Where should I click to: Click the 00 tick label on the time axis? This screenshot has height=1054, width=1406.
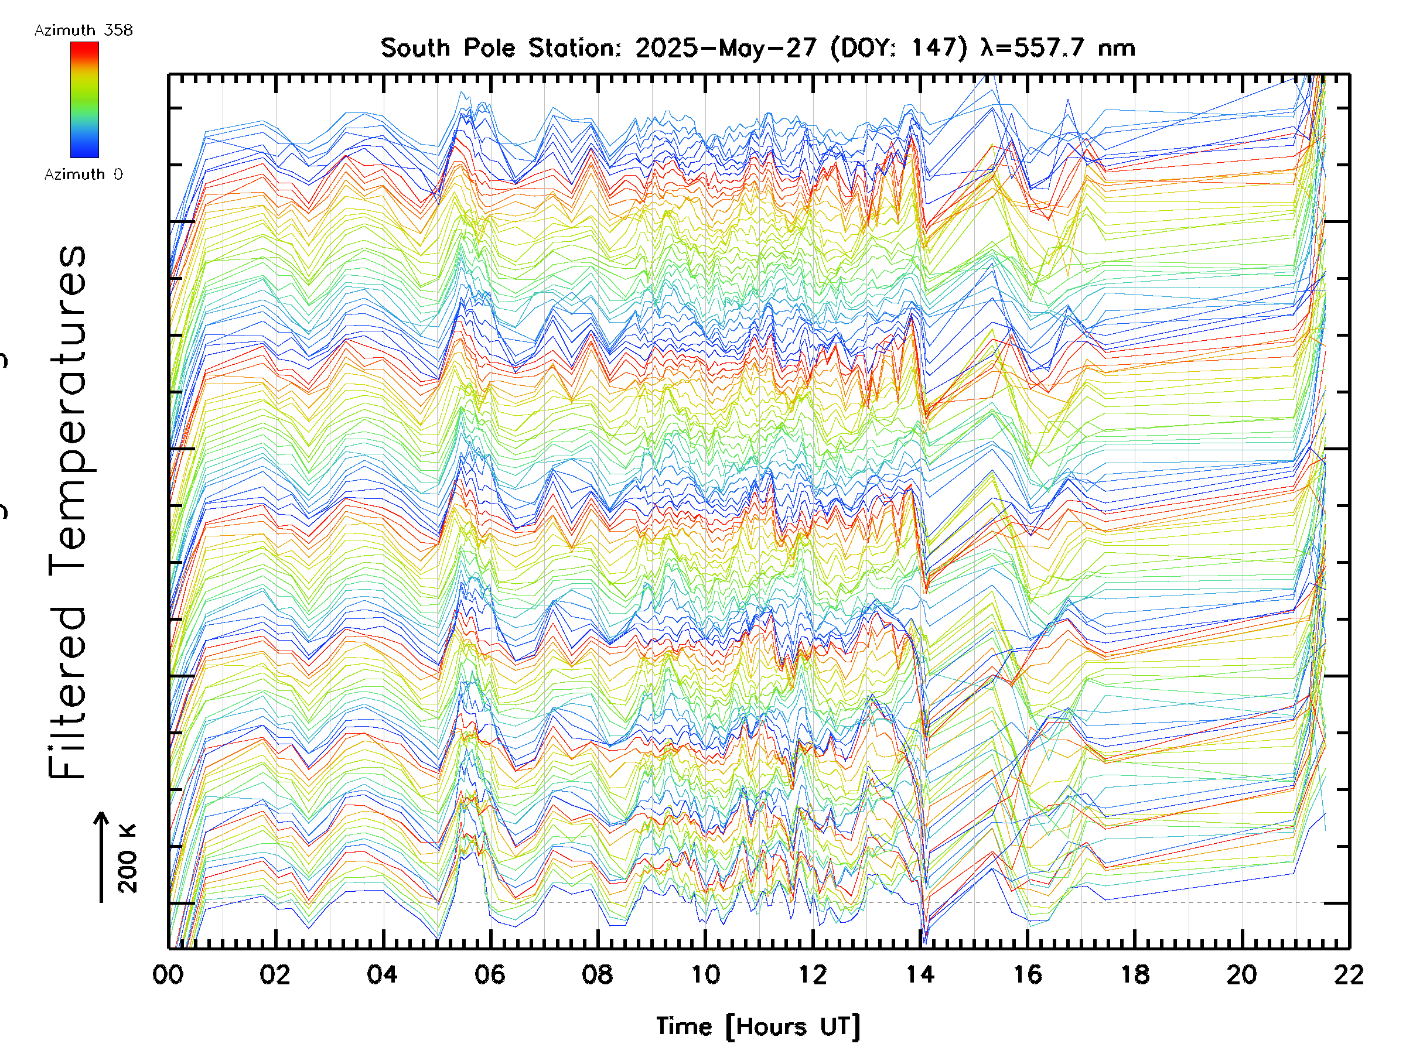point(168,974)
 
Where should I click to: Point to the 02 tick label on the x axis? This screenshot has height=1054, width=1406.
point(275,974)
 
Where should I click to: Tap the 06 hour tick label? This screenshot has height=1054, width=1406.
point(490,974)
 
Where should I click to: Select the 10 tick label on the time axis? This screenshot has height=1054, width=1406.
point(705,974)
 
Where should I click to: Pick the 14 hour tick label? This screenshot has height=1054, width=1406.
point(920,974)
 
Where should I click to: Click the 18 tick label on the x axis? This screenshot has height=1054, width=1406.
point(1135,974)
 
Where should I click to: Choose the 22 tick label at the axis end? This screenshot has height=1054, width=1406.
point(1349,974)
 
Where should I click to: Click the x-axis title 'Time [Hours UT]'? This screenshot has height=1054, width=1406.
point(758,1026)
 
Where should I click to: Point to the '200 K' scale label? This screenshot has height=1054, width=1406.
point(128,858)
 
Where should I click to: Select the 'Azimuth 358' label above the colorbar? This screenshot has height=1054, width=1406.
point(83,30)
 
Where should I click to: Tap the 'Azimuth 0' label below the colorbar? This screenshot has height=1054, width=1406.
point(83,174)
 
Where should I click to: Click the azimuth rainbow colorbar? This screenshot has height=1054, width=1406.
point(84,100)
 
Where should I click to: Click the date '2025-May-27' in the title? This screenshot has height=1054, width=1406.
point(726,48)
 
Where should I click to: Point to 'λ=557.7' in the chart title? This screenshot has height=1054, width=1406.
point(1032,48)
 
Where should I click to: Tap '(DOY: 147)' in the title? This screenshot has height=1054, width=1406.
point(899,48)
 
